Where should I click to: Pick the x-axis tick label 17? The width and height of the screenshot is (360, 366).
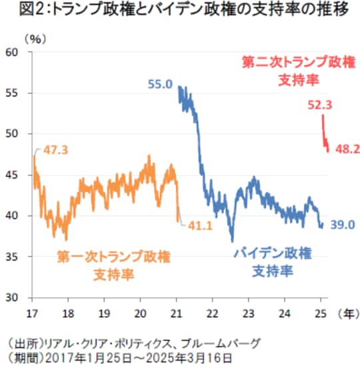point(32,312)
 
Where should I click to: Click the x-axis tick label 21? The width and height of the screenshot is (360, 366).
point(176,312)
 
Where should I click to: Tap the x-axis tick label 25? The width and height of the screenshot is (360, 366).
point(320,312)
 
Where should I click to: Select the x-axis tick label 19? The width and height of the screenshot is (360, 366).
point(104,312)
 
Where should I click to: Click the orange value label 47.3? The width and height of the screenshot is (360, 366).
point(56,149)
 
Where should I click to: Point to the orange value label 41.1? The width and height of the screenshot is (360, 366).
point(199,225)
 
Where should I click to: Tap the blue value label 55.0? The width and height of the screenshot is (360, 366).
point(160,84)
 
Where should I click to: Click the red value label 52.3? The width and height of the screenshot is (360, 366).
point(321,104)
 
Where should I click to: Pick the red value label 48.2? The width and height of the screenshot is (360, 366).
point(346,151)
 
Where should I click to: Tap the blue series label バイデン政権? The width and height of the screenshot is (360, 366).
point(273,254)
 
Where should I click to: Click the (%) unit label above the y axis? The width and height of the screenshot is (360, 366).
point(34,39)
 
